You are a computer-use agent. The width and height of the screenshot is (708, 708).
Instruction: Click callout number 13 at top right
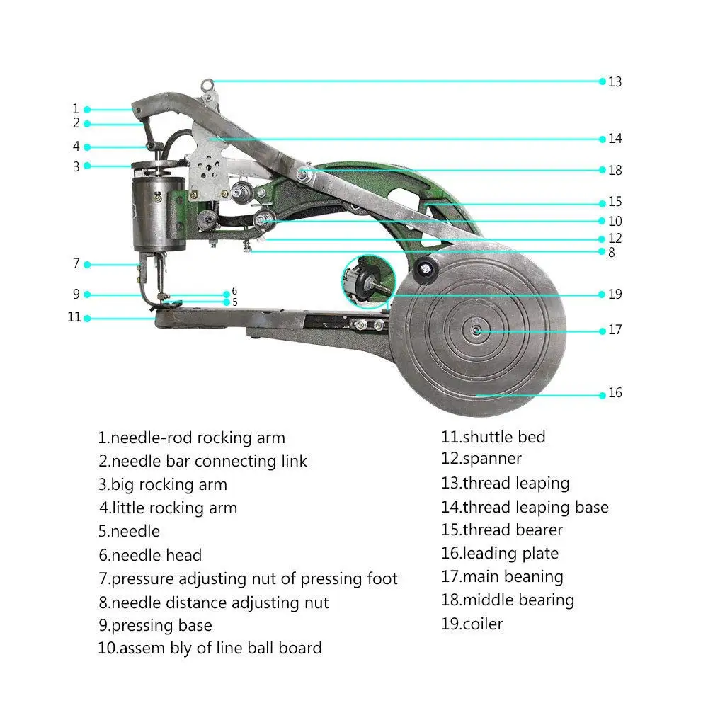pos(615,81)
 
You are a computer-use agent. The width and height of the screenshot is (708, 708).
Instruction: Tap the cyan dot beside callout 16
pos(603,396)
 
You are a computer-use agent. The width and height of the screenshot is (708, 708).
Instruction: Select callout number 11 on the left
pos(74,317)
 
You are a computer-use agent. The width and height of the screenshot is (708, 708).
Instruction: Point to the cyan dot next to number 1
pos(87,110)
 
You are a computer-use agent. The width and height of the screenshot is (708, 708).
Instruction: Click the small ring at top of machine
pos(207,84)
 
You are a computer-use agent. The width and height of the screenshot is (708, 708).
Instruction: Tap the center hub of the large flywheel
pos(476,331)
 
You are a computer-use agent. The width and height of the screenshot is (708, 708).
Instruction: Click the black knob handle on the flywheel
pos(426,270)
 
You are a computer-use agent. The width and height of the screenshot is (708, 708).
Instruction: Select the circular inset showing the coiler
pos(368,281)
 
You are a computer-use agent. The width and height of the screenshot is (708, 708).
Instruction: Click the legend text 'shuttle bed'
pos(504,437)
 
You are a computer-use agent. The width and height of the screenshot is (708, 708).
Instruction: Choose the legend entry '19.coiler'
pos(472,624)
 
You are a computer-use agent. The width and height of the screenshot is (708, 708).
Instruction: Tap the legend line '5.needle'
pos(129,532)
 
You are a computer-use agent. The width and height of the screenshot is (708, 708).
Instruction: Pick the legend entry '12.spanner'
pos(481,459)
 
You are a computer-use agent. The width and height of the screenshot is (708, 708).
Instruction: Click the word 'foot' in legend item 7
pos(382,579)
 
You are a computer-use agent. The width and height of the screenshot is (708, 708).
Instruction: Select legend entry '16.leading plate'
pos(500,554)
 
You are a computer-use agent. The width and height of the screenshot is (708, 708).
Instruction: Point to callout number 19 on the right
pos(615,295)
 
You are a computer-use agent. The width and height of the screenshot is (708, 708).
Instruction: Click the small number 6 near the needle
pos(234,291)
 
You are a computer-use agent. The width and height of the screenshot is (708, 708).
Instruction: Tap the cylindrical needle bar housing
pos(159,214)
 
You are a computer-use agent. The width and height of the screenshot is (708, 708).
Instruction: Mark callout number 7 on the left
pos(76,263)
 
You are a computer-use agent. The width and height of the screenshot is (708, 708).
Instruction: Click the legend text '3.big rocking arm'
pos(163,485)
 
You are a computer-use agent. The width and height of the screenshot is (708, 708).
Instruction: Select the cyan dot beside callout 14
pos(603,139)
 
